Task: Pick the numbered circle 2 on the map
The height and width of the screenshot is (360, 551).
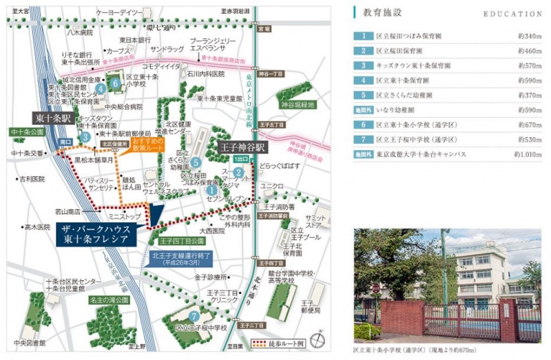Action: pos(238,172)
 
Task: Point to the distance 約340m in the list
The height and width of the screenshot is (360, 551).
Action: pos(530,36)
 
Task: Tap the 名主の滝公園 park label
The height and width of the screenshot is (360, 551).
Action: pos(108,301)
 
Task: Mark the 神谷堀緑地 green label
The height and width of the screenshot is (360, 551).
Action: pos(297,105)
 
